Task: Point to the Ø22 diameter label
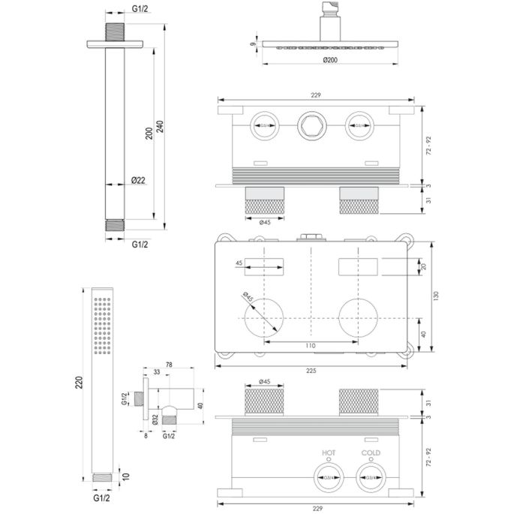(138, 181)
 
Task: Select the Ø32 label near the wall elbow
(153, 419)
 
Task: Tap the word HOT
(329, 453)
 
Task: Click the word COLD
(370, 453)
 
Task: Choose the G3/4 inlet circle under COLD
(370, 475)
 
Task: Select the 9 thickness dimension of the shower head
(254, 45)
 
